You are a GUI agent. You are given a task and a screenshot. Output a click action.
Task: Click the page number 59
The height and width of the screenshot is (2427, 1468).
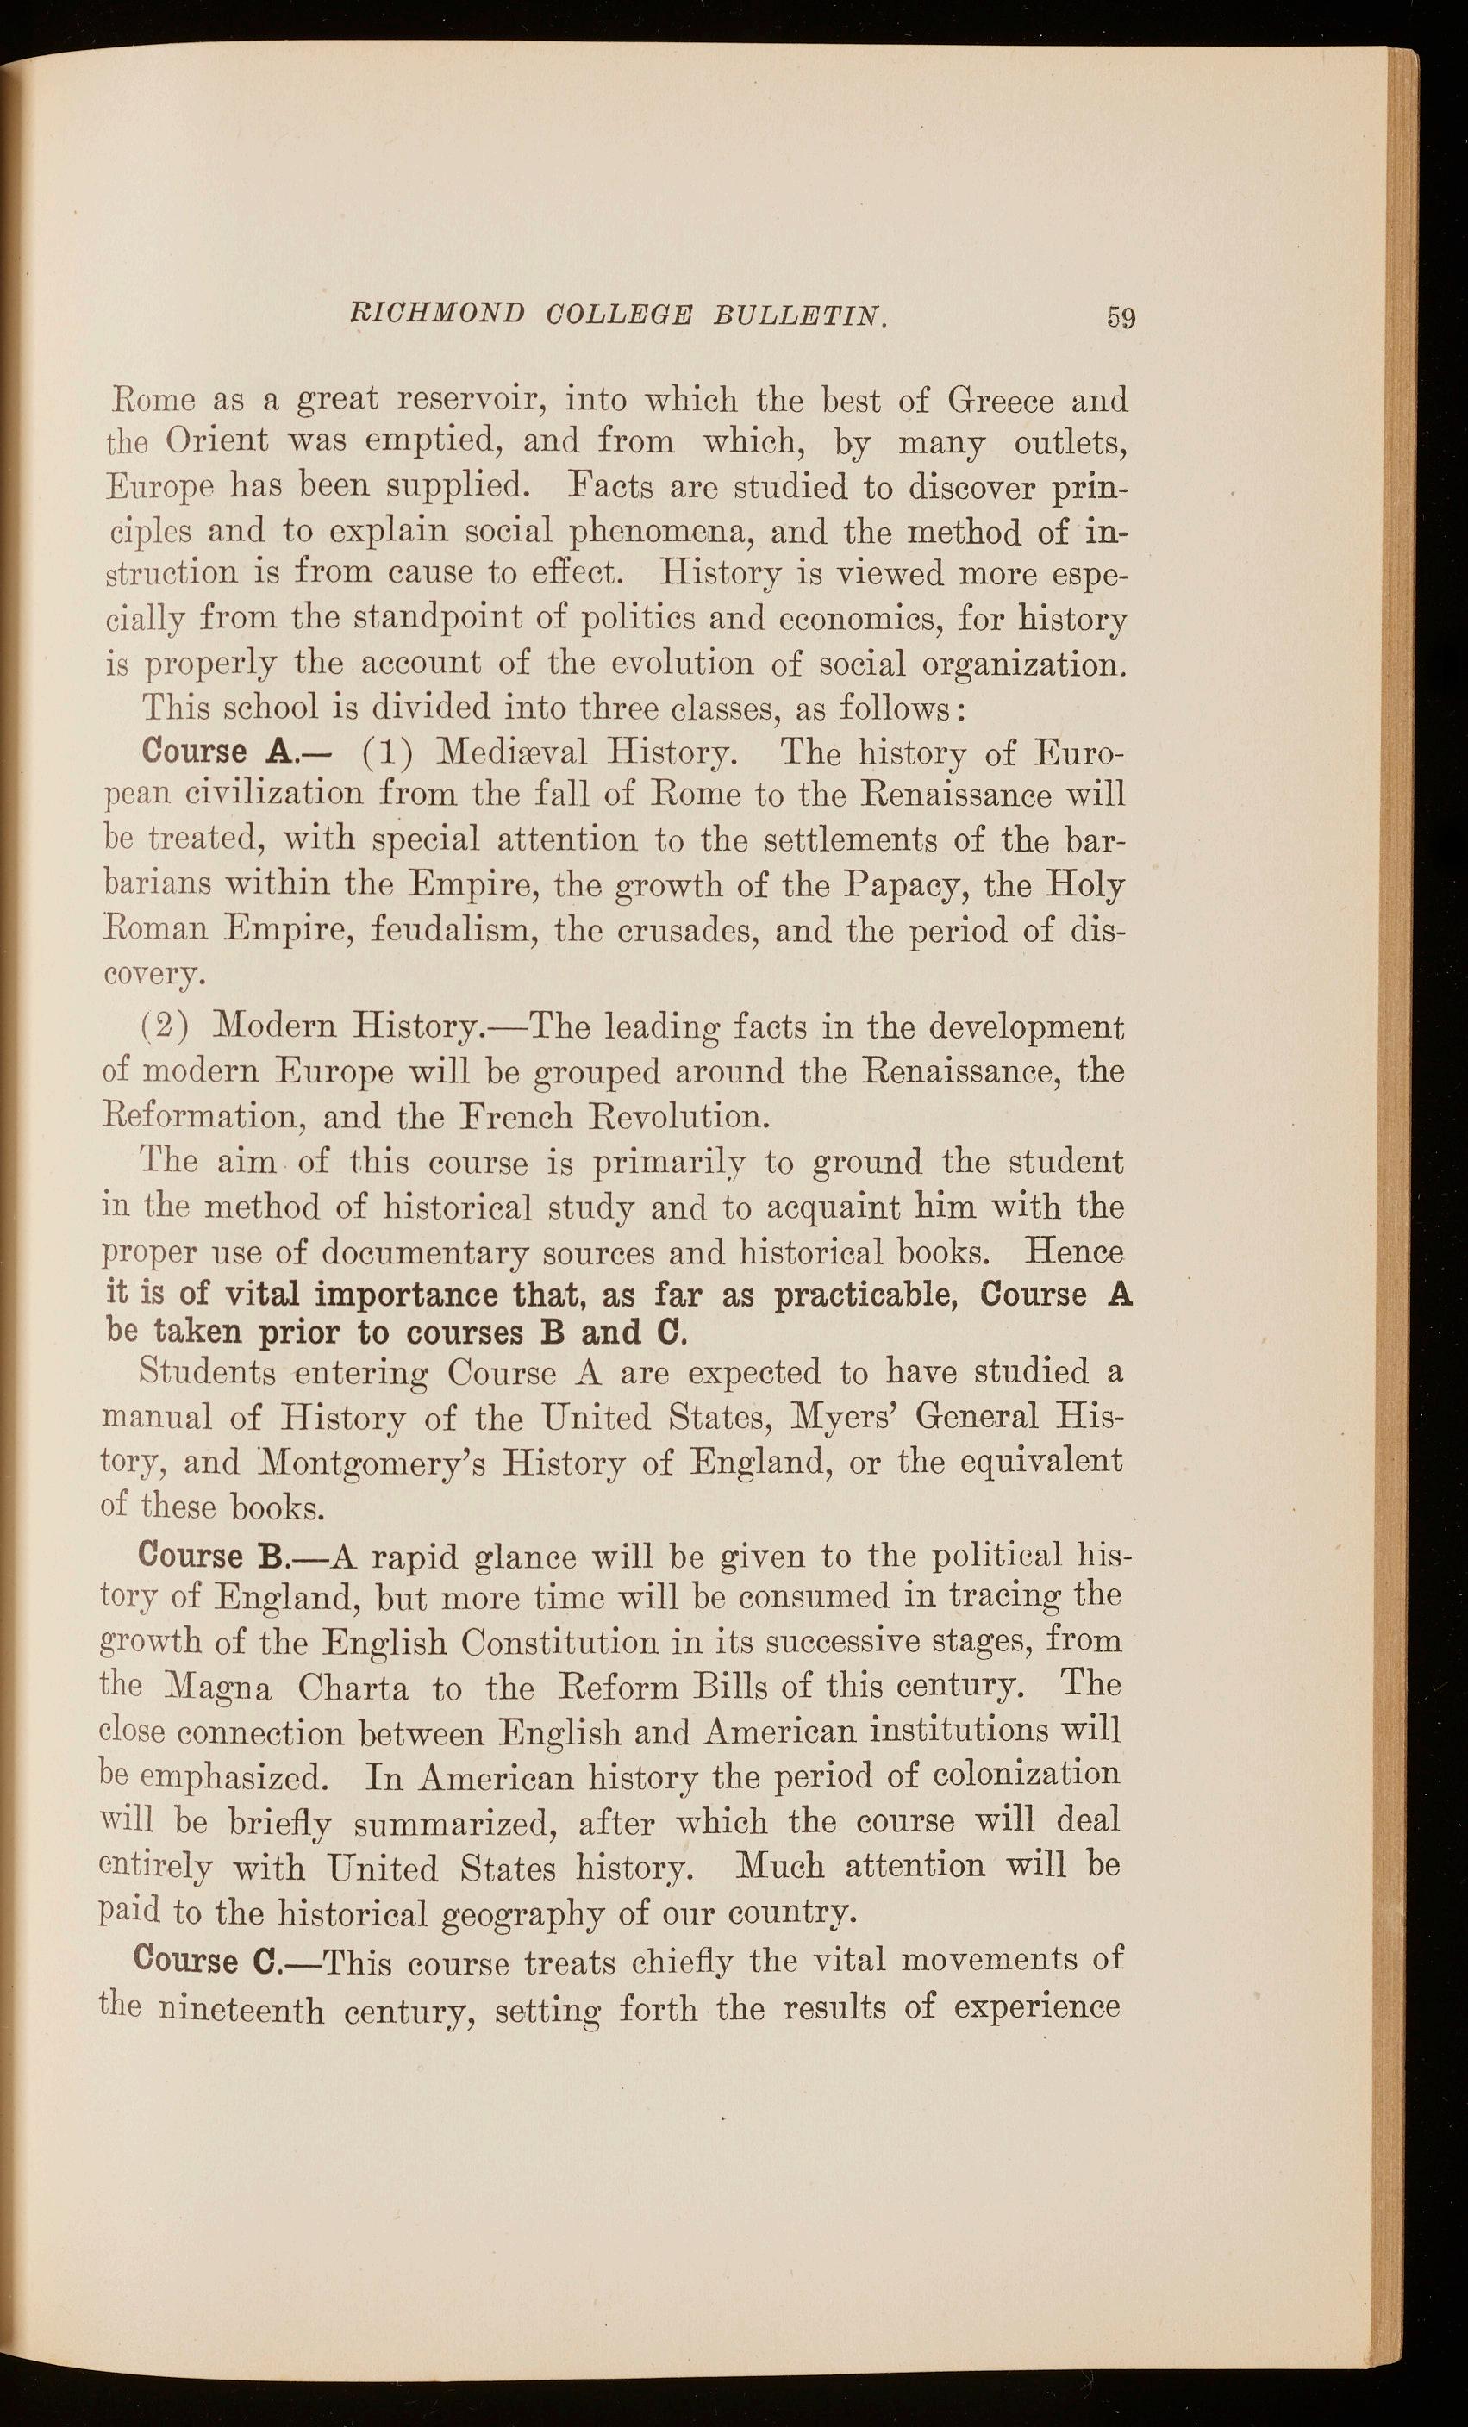coord(1121,317)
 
